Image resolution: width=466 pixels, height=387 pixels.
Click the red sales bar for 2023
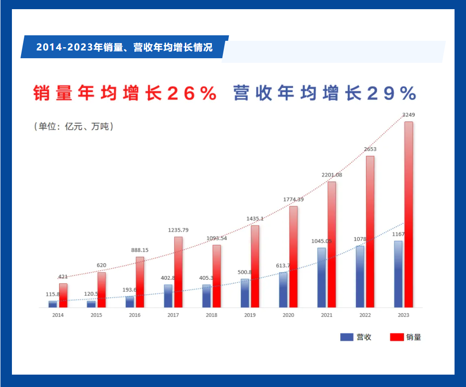pos(408,214)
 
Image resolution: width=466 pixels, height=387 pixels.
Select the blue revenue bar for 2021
pos(322,277)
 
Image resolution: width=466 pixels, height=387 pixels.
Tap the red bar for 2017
pos(178,272)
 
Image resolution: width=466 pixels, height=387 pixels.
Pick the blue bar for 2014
pos(53,304)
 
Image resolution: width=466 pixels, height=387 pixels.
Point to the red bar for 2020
pos(293,257)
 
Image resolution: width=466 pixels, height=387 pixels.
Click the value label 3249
pos(408,115)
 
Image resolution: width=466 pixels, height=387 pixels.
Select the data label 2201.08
pos(332,175)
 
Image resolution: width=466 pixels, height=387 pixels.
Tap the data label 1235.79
pos(178,230)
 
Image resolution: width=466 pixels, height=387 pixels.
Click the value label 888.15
pos(140,250)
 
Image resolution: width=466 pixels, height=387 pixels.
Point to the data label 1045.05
pos(322,241)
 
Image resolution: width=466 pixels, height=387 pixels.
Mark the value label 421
pos(63,276)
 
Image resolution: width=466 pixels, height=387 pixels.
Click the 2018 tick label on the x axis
pos(211,315)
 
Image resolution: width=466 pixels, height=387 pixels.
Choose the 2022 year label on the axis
pos(365,315)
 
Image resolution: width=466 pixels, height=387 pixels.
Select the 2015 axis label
pos(96,315)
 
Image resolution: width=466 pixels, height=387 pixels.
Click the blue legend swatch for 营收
pos(347,337)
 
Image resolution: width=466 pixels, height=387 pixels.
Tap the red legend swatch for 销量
pos(397,337)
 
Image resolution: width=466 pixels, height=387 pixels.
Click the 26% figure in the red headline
pos(192,93)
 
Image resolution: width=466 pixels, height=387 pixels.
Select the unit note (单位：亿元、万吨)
pos(74,127)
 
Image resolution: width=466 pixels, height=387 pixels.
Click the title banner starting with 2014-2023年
pos(124,47)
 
